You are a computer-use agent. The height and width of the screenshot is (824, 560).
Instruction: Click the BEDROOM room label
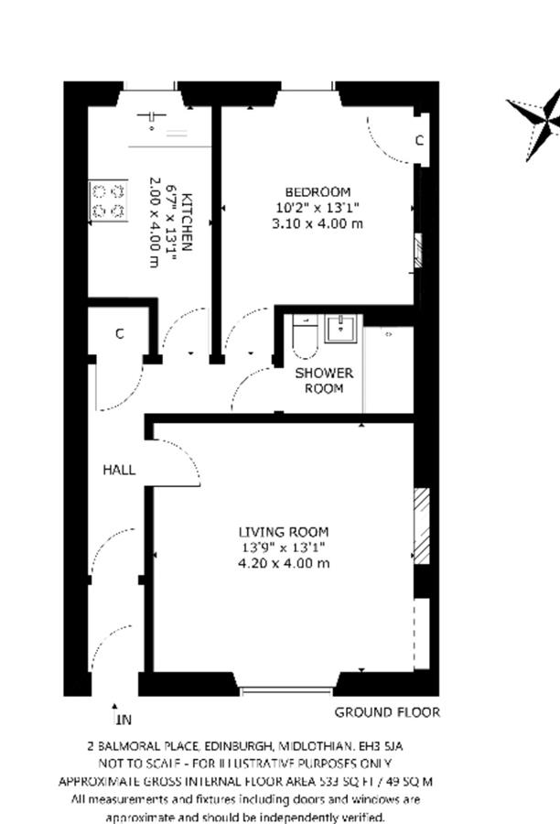[318, 192]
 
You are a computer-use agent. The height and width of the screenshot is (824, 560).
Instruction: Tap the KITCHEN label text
[187, 222]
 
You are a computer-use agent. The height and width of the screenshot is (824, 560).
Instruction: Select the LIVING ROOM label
[284, 532]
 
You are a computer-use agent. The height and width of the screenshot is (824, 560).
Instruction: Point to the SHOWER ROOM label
[324, 381]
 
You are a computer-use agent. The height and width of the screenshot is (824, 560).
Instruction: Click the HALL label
[119, 470]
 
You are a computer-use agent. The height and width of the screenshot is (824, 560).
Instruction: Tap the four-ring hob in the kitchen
[109, 201]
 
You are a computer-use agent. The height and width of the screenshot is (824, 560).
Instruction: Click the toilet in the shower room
[306, 335]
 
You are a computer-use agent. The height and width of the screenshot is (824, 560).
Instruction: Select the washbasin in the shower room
[340, 329]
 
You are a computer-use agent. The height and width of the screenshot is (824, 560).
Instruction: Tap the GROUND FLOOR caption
[387, 712]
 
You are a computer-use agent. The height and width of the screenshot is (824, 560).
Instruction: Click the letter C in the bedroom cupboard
[419, 140]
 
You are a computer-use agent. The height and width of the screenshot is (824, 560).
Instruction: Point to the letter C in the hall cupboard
[120, 333]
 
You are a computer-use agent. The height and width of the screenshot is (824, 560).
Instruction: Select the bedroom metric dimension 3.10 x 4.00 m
[318, 223]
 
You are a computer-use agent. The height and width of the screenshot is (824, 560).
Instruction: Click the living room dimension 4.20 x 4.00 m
[284, 563]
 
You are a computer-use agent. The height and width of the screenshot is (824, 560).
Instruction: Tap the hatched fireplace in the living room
[422, 526]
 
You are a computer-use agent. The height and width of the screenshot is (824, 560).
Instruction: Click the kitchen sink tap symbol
[151, 118]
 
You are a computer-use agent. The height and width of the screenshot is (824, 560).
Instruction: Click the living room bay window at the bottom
[286, 690]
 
